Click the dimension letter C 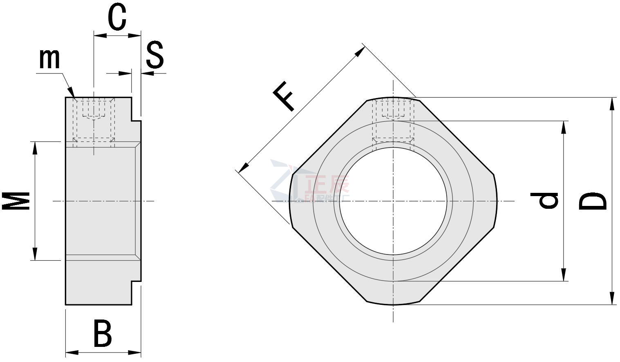pyautogui.click(x=117, y=18)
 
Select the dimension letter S pyautogui.click(x=155, y=55)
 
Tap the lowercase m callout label pyautogui.click(x=49, y=58)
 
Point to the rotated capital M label pyautogui.click(x=17, y=200)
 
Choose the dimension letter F pyautogui.click(x=283, y=96)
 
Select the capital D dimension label pyautogui.click(x=593, y=201)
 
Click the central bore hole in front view pyautogui.click(x=393, y=200)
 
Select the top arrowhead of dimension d pyautogui.click(x=564, y=127)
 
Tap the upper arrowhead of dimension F pyautogui.click(x=360, y=51)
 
